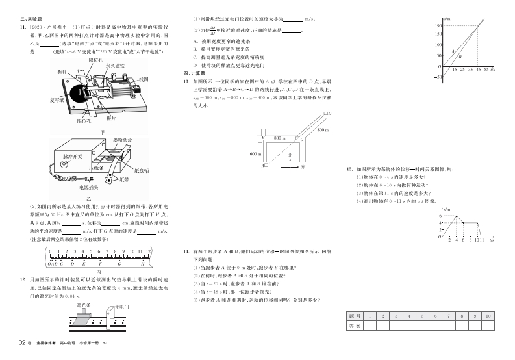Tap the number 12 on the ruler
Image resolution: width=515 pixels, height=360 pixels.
click(149, 250)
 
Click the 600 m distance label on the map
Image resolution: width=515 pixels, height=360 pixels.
click(255, 153)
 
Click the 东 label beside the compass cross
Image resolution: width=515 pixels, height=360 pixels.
click(303, 167)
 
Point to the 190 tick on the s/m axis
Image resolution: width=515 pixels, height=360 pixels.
click(439, 25)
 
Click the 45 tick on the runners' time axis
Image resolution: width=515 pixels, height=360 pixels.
click(478, 69)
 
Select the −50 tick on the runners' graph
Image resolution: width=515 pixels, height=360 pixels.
click(438, 77)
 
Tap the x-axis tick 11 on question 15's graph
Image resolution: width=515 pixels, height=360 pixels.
click(481, 240)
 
